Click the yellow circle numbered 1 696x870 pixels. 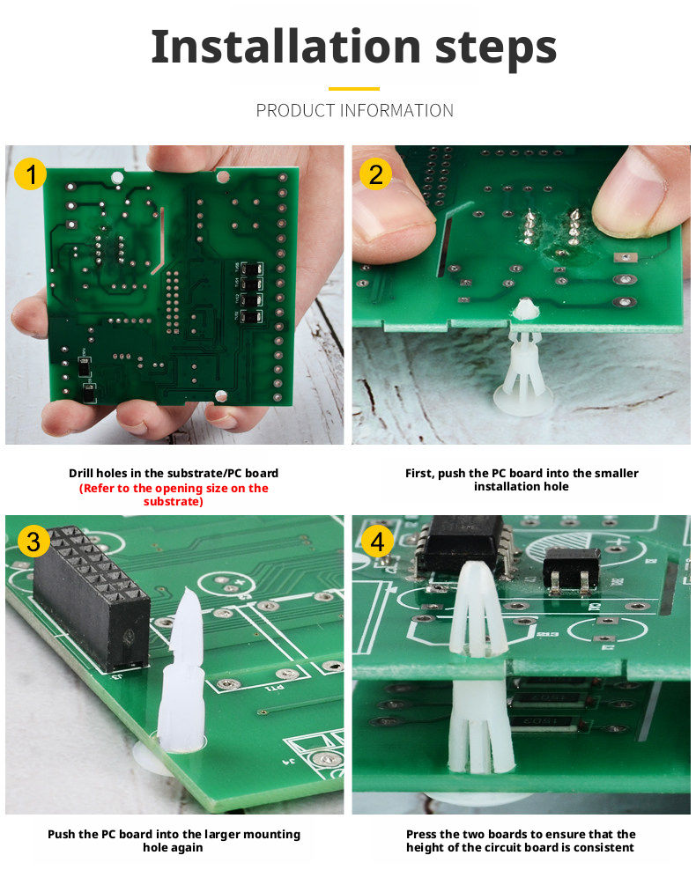pos(31,173)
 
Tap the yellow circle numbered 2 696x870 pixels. pos(375,174)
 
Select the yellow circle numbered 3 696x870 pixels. pos(33,541)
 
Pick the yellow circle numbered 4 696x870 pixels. pos(377,541)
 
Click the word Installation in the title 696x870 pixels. pos(285,47)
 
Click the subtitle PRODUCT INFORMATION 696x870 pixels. pos(354,110)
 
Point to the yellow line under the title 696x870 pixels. pos(353,88)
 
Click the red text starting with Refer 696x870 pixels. pos(174,494)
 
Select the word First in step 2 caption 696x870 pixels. pos(419,473)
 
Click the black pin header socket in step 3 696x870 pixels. pos(92,598)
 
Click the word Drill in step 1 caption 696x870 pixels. pos(81,473)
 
